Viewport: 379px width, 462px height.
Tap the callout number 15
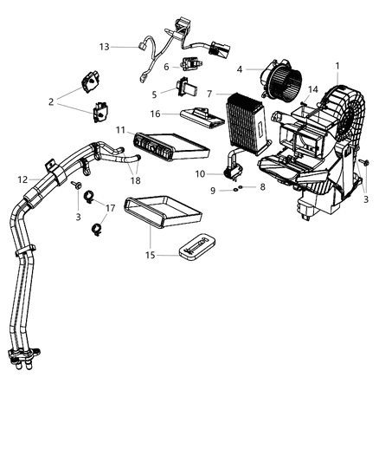[262, 186]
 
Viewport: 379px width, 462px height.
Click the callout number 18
[313, 89]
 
